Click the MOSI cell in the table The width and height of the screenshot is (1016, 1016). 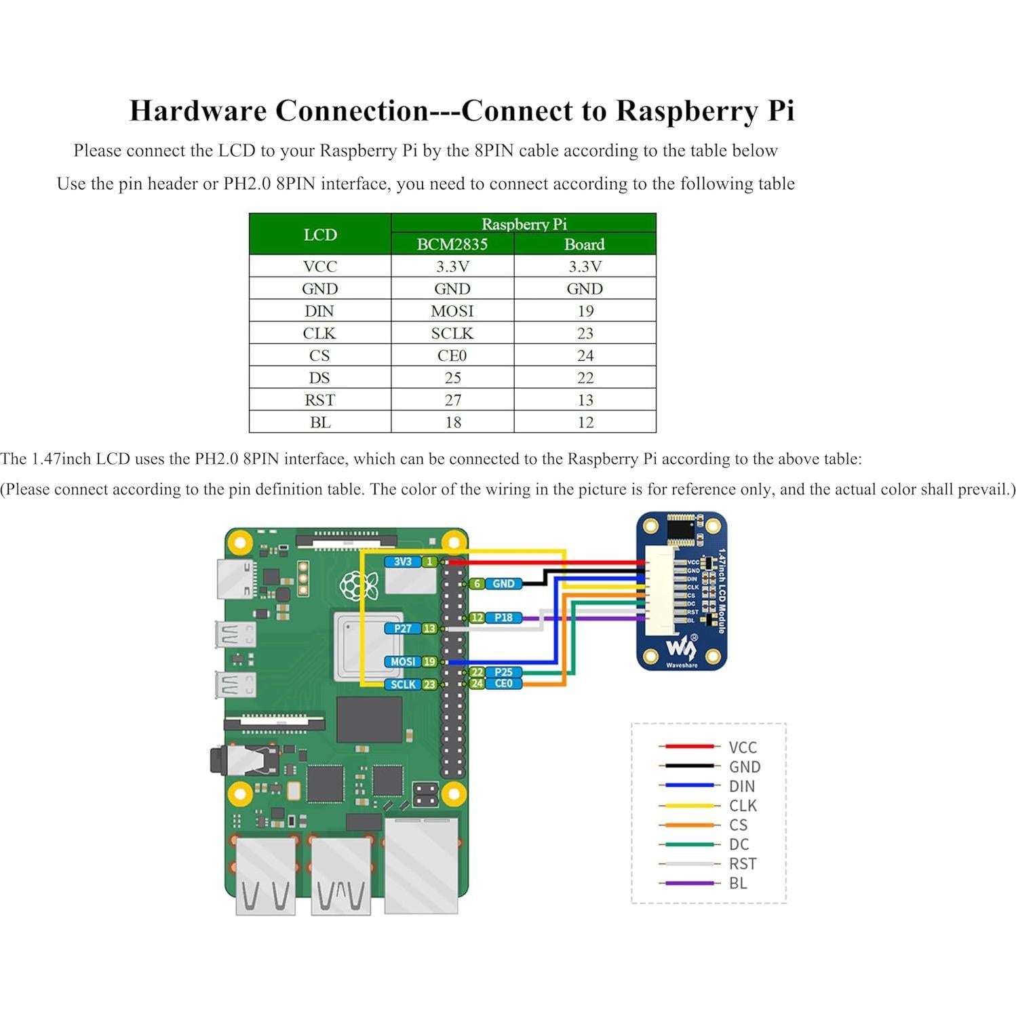452,311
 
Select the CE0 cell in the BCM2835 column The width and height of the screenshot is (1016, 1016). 452,355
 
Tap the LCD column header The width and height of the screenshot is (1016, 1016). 319,235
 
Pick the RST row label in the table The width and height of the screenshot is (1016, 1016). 319,400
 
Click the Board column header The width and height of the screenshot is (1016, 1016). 584,244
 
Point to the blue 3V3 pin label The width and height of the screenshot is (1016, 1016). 402,562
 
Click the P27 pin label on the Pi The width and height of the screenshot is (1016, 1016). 402,629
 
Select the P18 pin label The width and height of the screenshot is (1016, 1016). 503,618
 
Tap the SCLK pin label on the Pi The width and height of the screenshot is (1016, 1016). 403,684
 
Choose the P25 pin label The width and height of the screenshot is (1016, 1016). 503,672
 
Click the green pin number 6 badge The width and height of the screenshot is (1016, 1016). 477,584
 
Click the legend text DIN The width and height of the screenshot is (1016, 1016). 742,786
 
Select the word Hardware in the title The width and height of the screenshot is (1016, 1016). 198,111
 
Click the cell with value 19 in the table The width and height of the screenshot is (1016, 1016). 585,311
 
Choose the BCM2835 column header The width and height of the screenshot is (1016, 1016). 452,244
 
